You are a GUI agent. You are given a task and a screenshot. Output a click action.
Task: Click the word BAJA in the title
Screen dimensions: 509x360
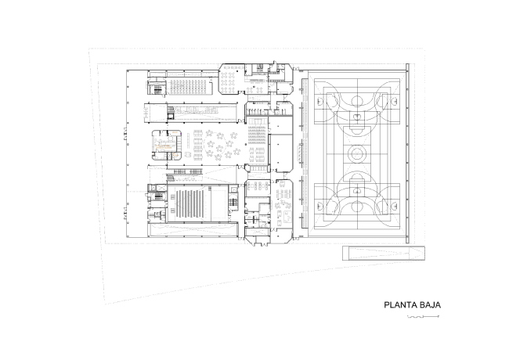pyautogui.click(x=430, y=305)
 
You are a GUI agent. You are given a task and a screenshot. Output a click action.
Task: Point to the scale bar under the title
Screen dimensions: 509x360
pyautogui.click(x=424, y=316)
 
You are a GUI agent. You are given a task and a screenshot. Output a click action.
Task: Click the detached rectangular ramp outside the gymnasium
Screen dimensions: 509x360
pyautogui.click(x=384, y=253)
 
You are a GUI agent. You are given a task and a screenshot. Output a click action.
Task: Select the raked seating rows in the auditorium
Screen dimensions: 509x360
pyautogui.click(x=190, y=205)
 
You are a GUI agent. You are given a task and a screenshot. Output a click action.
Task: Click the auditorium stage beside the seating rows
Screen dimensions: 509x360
pyautogui.click(x=219, y=203)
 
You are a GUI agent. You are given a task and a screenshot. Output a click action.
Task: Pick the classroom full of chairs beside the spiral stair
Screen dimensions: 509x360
pyautogui.click(x=190, y=87)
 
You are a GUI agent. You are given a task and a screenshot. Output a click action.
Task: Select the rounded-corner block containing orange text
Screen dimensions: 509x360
pyautogui.click(x=167, y=145)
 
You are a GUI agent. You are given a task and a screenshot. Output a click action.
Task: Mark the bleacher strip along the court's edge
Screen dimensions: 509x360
pyautogui.click(x=304, y=153)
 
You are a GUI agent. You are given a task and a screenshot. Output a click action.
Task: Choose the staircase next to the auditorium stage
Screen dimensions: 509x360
pyautogui.click(x=233, y=203)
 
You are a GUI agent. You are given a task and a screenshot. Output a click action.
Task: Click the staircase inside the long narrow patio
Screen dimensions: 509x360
pyautogui.click(x=171, y=112)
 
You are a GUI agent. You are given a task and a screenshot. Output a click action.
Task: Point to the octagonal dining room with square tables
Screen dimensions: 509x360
pyautogui.click(x=232, y=79)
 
